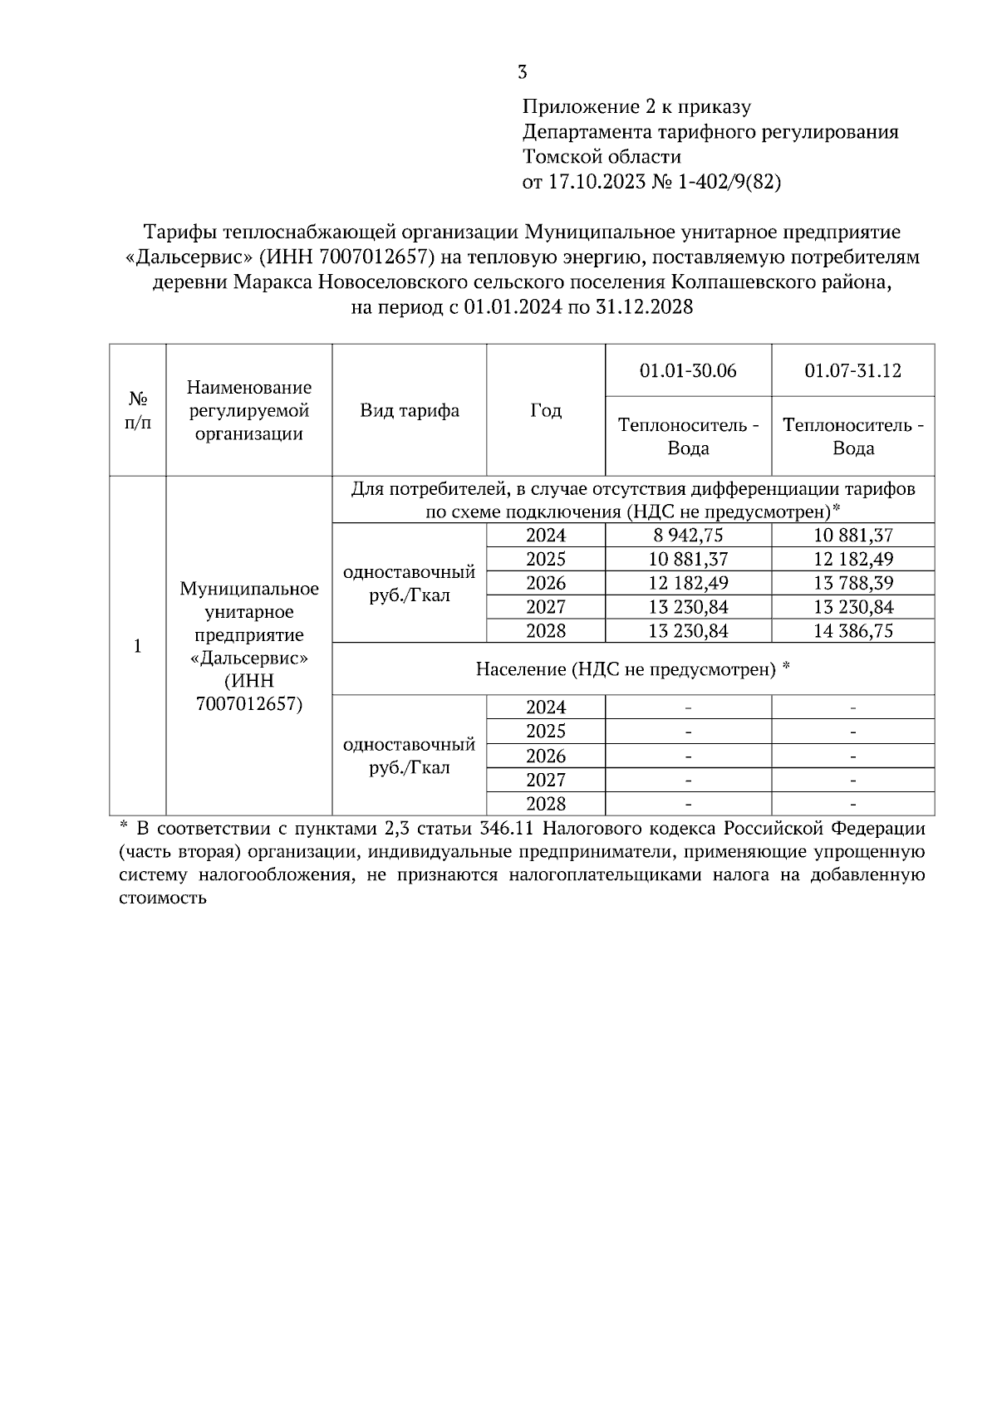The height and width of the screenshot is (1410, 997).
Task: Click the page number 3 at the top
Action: pyautogui.click(x=522, y=72)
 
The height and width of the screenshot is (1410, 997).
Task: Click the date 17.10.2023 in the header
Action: pyautogui.click(x=597, y=182)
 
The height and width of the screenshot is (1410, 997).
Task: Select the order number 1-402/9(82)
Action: pyautogui.click(x=729, y=182)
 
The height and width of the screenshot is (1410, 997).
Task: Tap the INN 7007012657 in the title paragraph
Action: pyautogui.click(x=376, y=257)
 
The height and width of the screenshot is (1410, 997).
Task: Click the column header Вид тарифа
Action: pyautogui.click(x=409, y=410)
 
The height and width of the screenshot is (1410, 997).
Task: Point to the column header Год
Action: pyautogui.click(x=545, y=410)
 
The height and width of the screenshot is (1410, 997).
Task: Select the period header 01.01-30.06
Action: pyautogui.click(x=688, y=370)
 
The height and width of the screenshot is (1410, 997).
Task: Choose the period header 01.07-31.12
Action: pyautogui.click(x=852, y=370)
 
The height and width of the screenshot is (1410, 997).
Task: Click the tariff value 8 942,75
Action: pyautogui.click(x=688, y=536)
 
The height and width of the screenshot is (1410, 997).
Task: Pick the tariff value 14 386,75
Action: pyautogui.click(x=853, y=631)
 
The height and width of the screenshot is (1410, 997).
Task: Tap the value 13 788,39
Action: pyautogui.click(x=853, y=583)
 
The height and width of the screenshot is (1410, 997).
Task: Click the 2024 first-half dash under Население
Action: pyautogui.click(x=688, y=708)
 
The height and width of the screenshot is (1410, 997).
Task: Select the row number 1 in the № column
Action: pyautogui.click(x=138, y=646)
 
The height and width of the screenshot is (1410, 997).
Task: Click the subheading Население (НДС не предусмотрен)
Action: pyautogui.click(x=631, y=668)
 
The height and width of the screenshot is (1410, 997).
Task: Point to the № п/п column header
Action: pyautogui.click(x=138, y=410)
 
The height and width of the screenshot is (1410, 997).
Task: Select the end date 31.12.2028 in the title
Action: pyautogui.click(x=644, y=307)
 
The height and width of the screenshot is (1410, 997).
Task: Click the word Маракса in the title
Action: pyautogui.click(x=268, y=282)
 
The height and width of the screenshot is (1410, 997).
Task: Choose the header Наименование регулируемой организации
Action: pyautogui.click(x=249, y=410)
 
